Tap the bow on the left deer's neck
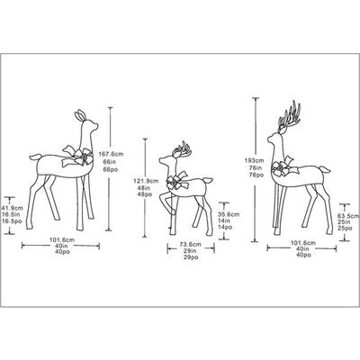[x=79, y=158]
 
